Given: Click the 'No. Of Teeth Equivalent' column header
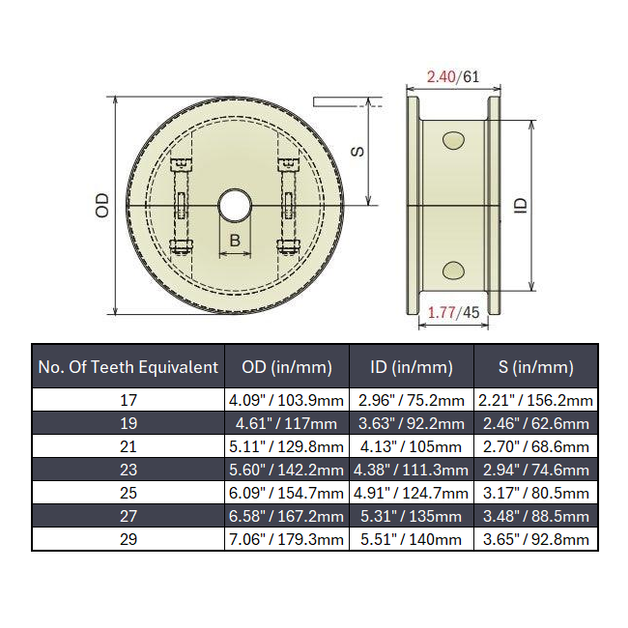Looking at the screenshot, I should pos(128,367).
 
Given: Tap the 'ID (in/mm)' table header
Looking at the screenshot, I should pos(411,367).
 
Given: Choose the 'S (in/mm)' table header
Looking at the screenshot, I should pos(535,367).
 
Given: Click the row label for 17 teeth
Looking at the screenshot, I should pos(128,400).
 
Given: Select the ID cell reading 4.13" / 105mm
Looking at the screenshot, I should pos(411,446).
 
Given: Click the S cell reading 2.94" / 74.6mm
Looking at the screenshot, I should pos(535,470).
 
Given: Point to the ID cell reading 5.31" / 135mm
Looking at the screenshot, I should pos(411,516).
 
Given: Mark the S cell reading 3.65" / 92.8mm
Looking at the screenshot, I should pos(535,539).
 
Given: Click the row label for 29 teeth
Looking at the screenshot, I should pos(128,539).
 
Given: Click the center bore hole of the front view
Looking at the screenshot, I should pos(234,205).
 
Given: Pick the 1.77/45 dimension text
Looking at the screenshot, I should pos(453,311).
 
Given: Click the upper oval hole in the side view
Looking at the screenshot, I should pos(452,142).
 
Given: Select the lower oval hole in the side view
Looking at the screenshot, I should pos(452,269).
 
